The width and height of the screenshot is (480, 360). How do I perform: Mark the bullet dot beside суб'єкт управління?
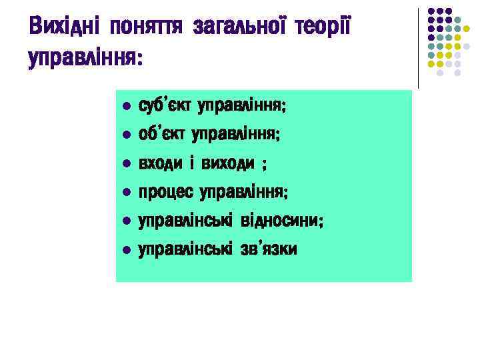pyautogui.click(x=125, y=107)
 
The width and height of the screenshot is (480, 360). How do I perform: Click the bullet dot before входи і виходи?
pyautogui.click(x=125, y=164)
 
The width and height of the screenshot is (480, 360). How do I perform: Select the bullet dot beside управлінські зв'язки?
pyautogui.click(x=125, y=250)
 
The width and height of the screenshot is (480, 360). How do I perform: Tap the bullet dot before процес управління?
pyautogui.click(x=125, y=193)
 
